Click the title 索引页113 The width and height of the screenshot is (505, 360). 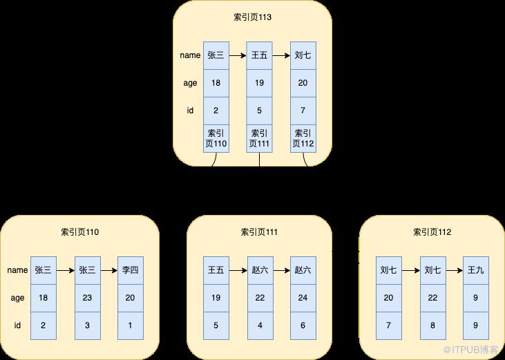[253, 17]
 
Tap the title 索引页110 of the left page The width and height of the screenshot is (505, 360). [80, 232]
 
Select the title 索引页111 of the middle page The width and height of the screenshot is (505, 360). [259, 232]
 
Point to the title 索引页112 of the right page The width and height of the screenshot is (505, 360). [432, 232]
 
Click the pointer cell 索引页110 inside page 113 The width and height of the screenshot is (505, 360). [216, 138]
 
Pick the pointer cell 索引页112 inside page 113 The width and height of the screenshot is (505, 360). [303, 138]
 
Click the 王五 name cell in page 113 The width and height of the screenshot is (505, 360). [259, 55]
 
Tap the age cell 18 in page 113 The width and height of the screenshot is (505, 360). [216, 83]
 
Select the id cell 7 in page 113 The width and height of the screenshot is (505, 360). [303, 111]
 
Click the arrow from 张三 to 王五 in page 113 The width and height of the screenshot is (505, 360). [238, 56]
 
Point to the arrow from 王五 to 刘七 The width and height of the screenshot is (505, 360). [281, 56]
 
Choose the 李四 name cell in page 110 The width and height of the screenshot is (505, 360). [131, 270]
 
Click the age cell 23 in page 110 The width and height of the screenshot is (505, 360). [88, 299]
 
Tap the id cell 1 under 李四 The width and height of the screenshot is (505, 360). [131, 326]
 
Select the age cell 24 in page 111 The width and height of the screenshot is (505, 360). [303, 299]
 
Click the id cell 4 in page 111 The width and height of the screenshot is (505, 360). [260, 326]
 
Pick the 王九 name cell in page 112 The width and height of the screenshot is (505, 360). [476, 270]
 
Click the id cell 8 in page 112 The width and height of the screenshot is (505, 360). [433, 326]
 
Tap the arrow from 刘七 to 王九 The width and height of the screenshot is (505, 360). [455, 270]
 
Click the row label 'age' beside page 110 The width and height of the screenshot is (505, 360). [17, 299]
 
